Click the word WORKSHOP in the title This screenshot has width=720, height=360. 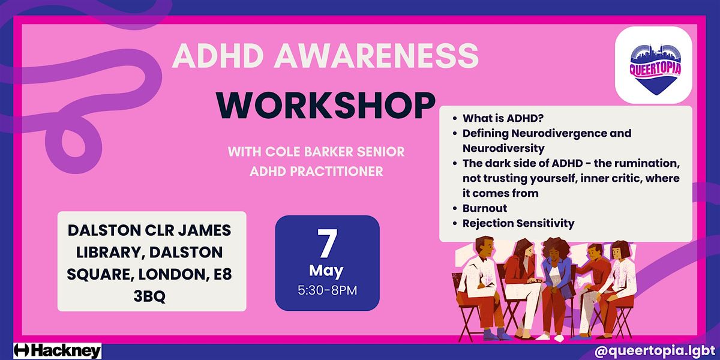pos(326,106)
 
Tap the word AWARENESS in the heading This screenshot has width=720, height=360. pos(376,56)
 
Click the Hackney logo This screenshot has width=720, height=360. pos(58,350)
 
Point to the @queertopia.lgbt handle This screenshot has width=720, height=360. pos(655,351)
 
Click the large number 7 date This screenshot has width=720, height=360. pos(327,244)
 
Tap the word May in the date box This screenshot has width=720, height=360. pos(326,271)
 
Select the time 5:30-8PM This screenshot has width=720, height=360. pos(327,290)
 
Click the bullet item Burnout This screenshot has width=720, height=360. pos(484,208)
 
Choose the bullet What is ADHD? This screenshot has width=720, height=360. pos(503,118)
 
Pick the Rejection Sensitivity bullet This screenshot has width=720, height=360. pos(518,223)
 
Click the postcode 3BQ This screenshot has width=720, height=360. pos(149,296)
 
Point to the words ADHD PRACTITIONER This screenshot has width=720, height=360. pos(316,172)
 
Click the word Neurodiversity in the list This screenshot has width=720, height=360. pos(503,149)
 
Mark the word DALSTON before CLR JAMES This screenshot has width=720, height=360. pos(104,230)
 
